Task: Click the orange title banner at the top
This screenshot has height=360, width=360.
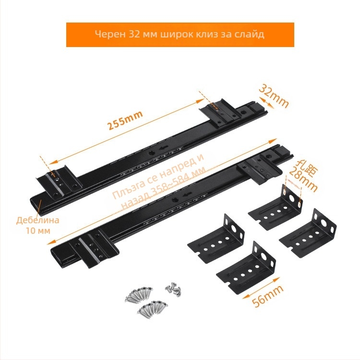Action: [x=180, y=35]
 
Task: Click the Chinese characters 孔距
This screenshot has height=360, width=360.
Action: [x=304, y=165]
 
